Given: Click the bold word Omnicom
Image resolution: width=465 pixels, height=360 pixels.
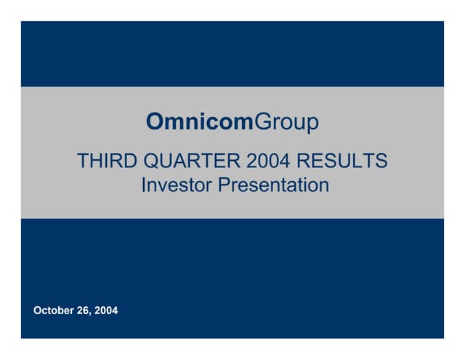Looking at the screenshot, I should pyautogui.click(x=199, y=121).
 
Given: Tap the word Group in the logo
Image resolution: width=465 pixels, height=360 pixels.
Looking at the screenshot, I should pyautogui.click(x=286, y=122).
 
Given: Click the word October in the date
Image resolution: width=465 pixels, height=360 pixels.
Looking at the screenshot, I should pyautogui.click(x=54, y=311).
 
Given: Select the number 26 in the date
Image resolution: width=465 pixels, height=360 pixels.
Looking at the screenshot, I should pyautogui.click(x=84, y=311).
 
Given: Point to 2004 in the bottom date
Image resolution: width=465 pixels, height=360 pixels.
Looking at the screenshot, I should pyautogui.click(x=105, y=311).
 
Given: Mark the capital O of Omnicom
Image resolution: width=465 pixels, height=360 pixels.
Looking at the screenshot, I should pyautogui.click(x=155, y=121).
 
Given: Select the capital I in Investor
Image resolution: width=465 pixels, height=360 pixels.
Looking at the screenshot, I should pyautogui.click(x=143, y=185).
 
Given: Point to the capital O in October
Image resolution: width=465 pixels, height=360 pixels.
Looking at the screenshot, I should pyautogui.click(x=38, y=311).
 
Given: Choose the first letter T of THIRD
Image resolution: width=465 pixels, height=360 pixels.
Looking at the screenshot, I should pyautogui.click(x=83, y=161).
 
